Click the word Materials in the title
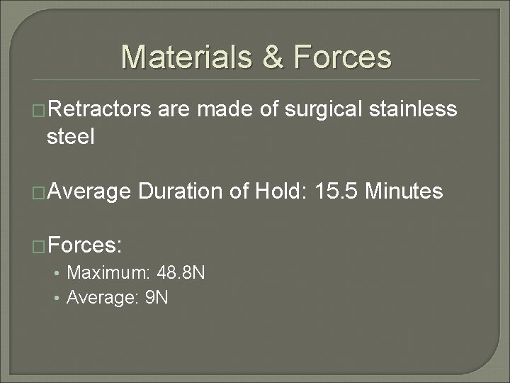coord(183,57)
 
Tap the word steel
coord(70,136)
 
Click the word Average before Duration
coord(89,191)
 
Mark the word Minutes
coord(404,191)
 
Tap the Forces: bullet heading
coord(86,246)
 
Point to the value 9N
coord(156,297)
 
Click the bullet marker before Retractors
coord(40,111)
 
